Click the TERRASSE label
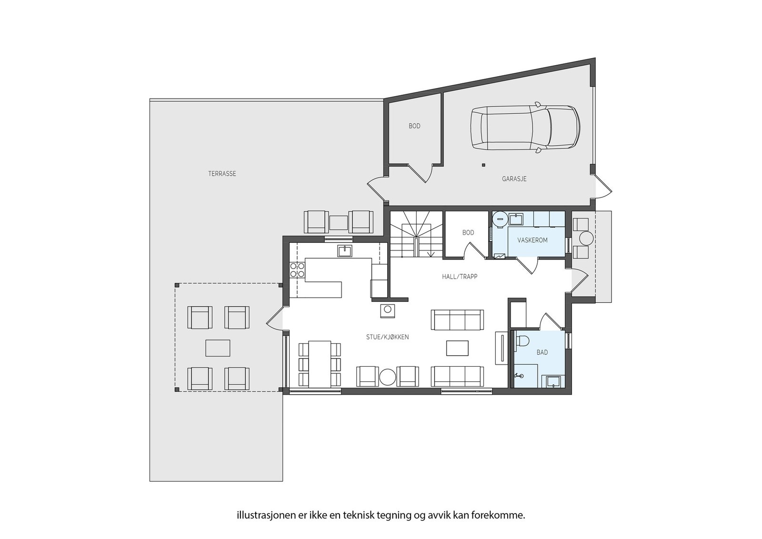click(x=222, y=174)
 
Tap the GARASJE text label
click(x=514, y=179)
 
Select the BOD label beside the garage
click(x=414, y=126)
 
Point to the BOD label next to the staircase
click(x=468, y=233)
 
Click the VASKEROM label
click(x=532, y=240)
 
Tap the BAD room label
click(x=542, y=352)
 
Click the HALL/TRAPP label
click(x=459, y=276)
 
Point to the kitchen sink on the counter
click(x=345, y=250)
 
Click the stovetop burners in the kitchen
click(x=297, y=270)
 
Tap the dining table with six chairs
click(x=320, y=364)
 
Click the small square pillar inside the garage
click(x=483, y=165)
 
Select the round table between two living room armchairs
click(x=387, y=377)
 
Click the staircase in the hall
click(x=416, y=233)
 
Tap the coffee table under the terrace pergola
click(x=218, y=348)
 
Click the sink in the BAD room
click(x=553, y=381)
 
